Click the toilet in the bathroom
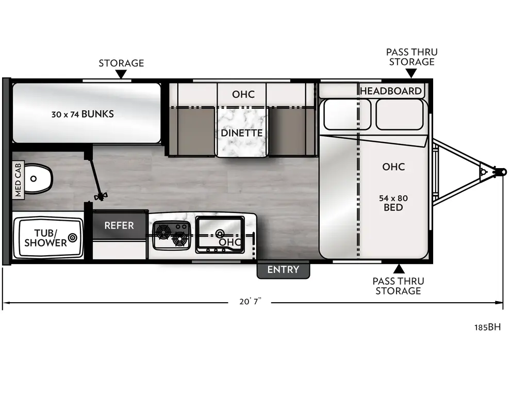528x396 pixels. point(38,179)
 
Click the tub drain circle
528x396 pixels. point(72,238)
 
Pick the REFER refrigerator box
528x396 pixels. point(119,225)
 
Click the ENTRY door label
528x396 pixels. point(283,270)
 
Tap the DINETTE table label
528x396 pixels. point(242,133)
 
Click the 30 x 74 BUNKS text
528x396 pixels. point(82,114)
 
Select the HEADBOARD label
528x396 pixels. point(390,91)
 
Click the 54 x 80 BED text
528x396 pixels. point(393,203)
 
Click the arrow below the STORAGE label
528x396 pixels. point(121,75)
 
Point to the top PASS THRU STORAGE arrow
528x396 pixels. point(411,74)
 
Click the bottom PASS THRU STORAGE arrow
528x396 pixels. point(399,269)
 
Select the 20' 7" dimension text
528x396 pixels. point(251,302)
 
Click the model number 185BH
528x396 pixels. point(487,327)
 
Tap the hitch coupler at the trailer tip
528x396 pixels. point(501,172)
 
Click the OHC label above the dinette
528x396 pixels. point(243,94)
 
